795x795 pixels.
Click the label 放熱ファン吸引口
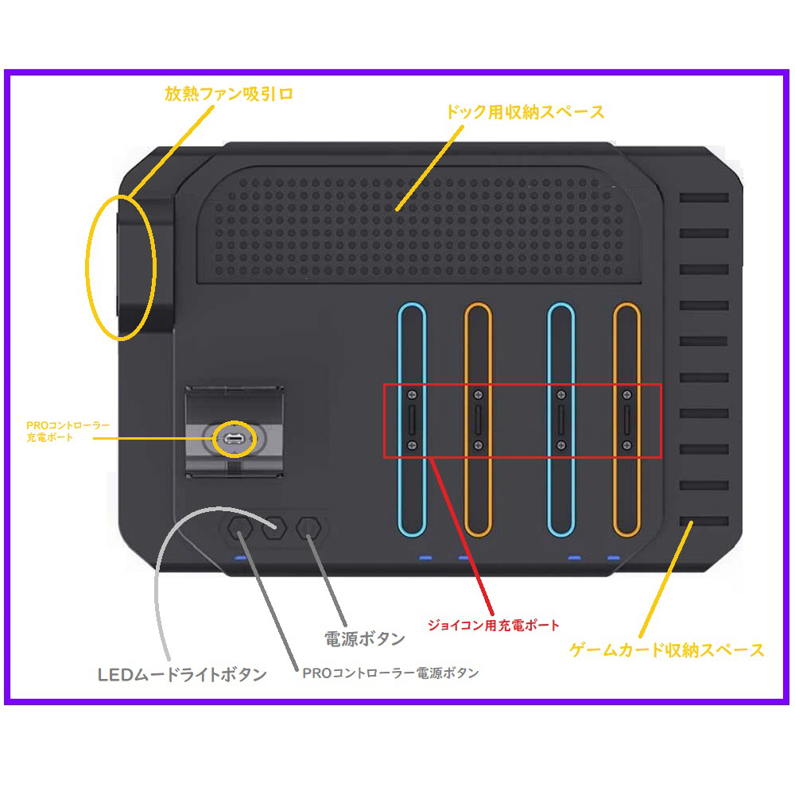click(x=229, y=94)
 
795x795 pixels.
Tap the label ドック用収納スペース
click(x=525, y=111)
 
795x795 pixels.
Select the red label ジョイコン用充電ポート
click(x=494, y=625)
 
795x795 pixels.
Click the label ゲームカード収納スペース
click(x=667, y=650)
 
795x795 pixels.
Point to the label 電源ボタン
click(x=365, y=639)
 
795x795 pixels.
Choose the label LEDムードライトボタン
click(x=182, y=675)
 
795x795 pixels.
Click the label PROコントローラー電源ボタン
click(x=390, y=673)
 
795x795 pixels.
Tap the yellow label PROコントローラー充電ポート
click(x=68, y=431)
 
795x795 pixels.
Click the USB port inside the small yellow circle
click(x=234, y=439)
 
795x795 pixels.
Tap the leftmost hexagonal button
click(x=240, y=529)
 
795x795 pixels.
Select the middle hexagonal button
click(x=274, y=529)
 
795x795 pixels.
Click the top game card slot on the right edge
click(x=704, y=197)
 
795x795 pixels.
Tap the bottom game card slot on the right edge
click(x=704, y=522)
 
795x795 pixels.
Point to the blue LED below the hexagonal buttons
click(x=240, y=558)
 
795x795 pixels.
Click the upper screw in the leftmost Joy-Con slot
click(x=412, y=394)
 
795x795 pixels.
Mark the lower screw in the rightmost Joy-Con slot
click(x=627, y=445)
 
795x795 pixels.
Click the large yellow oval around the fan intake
click(x=87, y=267)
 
